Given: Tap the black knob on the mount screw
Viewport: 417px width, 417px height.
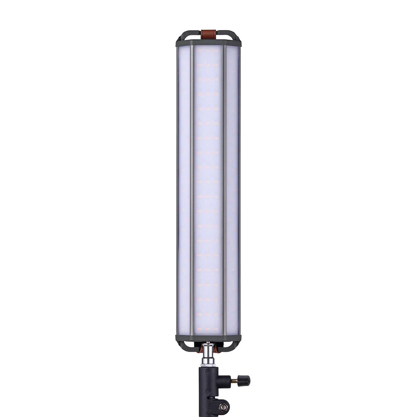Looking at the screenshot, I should pyautogui.click(x=245, y=380).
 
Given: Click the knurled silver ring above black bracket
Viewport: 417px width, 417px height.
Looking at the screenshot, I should pyautogui.click(x=208, y=365).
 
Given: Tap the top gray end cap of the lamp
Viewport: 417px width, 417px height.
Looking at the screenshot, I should pyautogui.click(x=208, y=43).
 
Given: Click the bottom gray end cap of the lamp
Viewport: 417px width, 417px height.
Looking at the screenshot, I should pyautogui.click(x=208, y=338).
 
